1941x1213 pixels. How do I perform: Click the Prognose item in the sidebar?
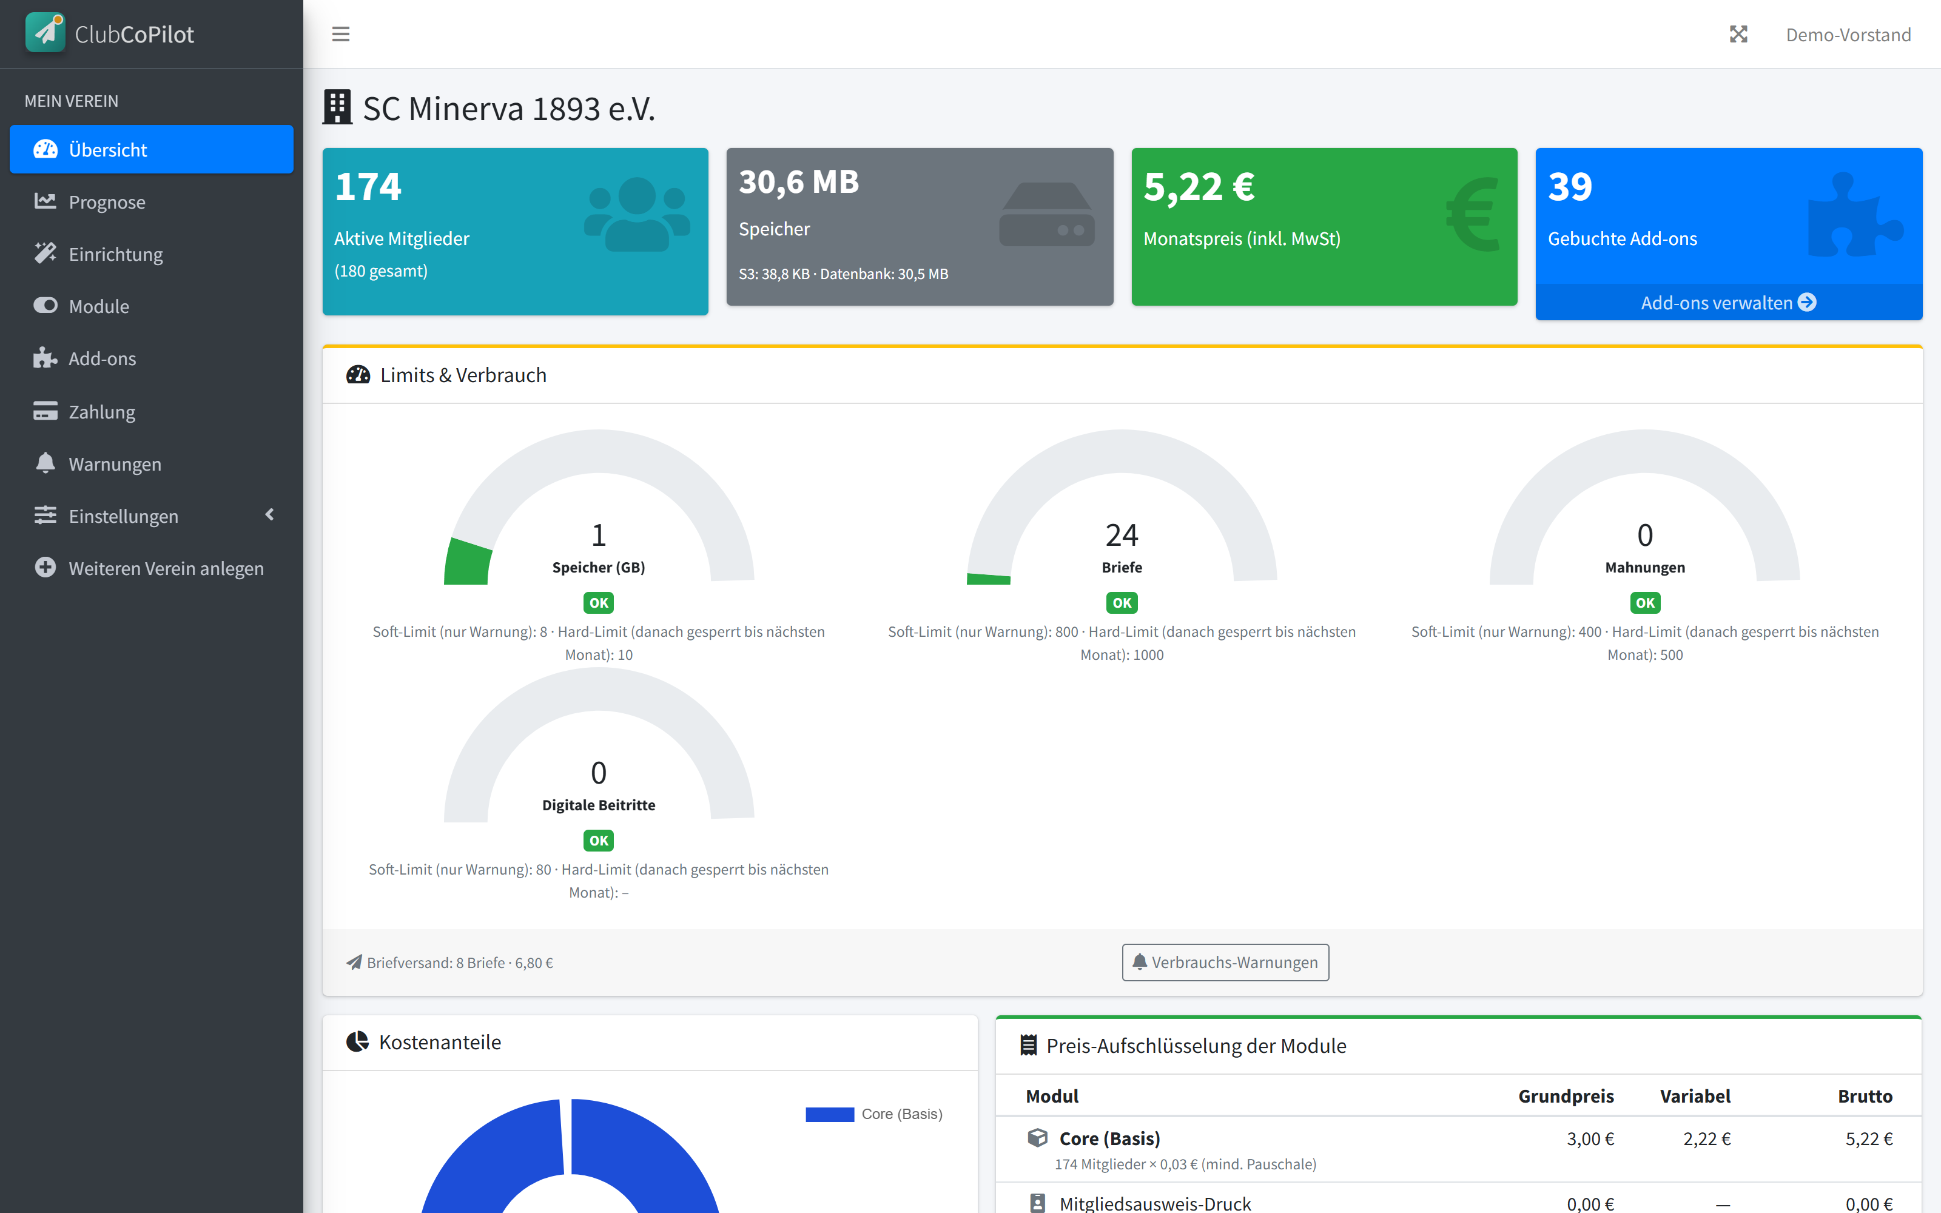[x=107, y=202]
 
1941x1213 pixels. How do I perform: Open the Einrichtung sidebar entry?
[x=115, y=254]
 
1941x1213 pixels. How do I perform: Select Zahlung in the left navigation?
[x=102, y=412]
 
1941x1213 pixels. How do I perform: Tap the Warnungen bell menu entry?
[x=115, y=464]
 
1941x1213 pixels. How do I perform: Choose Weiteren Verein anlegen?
[x=166, y=568]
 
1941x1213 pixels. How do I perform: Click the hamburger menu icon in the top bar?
[x=341, y=35]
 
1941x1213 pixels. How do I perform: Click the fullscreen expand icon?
[x=1738, y=35]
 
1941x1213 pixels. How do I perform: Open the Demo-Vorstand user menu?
[x=1848, y=35]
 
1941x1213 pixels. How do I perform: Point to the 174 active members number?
[x=368, y=186]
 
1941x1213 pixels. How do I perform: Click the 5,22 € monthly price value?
[x=1199, y=186]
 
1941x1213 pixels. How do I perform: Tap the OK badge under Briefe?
[x=1122, y=602]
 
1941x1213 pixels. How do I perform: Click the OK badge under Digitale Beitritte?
[x=598, y=841]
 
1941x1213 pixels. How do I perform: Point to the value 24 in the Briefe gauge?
[x=1122, y=534]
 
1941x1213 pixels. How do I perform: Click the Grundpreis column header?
[x=1566, y=1096]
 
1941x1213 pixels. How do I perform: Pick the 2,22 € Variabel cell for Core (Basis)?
[x=1707, y=1138]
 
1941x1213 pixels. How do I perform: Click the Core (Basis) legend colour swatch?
[x=829, y=1114]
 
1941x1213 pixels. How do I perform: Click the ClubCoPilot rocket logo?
[x=45, y=33]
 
